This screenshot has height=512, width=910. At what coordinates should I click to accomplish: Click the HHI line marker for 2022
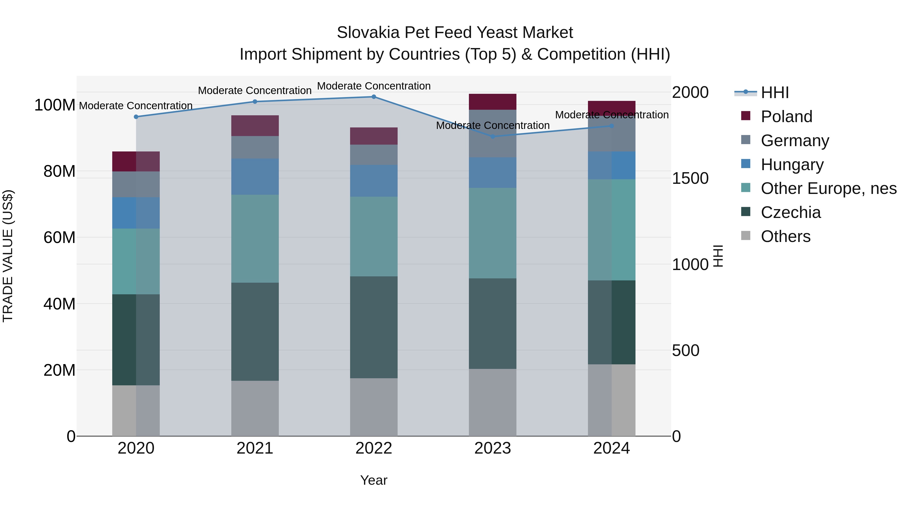click(374, 97)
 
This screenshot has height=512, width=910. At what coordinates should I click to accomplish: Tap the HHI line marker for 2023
click(493, 136)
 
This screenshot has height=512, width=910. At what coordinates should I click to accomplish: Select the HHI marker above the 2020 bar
click(136, 117)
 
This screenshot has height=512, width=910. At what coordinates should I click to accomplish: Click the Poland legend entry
click(786, 117)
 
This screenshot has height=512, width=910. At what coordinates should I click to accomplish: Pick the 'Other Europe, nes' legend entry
click(828, 188)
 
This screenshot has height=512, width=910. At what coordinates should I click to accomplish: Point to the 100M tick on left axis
click(55, 105)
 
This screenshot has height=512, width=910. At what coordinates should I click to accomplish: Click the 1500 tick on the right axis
click(690, 179)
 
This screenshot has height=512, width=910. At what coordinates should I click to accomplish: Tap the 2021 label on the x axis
click(255, 448)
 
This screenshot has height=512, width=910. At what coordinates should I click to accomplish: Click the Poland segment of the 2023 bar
click(493, 102)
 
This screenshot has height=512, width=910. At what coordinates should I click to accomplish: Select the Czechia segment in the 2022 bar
click(374, 327)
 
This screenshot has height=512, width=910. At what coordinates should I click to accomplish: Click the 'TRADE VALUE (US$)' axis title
click(8, 256)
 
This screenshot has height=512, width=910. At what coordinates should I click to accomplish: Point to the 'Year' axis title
click(374, 480)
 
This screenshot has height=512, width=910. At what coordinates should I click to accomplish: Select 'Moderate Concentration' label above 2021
click(255, 91)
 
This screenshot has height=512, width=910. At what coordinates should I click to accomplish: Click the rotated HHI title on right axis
click(718, 256)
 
